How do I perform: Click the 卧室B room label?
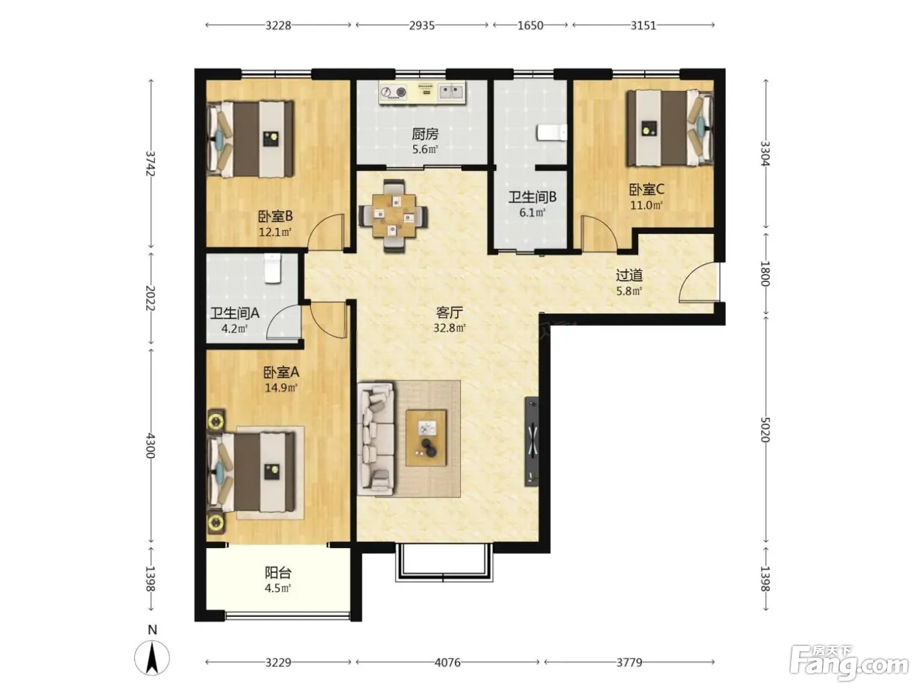(275, 217)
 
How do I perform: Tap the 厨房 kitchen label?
(425, 134)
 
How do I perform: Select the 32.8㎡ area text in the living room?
(449, 328)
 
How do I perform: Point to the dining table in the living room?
(394, 216)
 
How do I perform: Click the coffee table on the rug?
(426, 438)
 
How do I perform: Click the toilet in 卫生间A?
(273, 268)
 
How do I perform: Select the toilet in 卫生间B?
(552, 132)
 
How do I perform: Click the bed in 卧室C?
(670, 129)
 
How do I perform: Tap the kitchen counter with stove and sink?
(423, 93)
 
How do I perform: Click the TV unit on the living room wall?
(532, 442)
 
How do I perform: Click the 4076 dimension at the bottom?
(448, 662)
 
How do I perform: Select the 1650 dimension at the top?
(530, 26)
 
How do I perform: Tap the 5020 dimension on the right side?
(765, 429)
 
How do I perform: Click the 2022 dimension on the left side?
(150, 298)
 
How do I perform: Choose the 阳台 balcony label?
(278, 572)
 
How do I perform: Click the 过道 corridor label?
(629, 275)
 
